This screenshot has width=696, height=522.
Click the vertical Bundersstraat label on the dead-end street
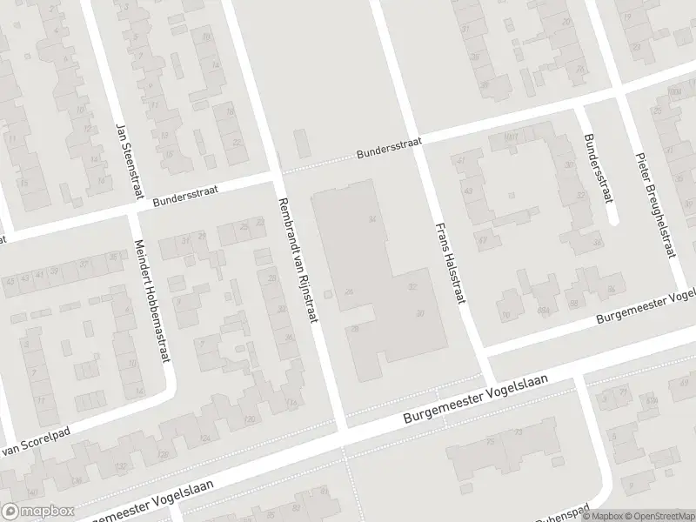tap(595, 168)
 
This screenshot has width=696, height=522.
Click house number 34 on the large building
tap(372, 218)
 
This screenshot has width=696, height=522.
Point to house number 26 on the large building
tap(349, 291)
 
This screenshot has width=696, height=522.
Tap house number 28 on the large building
tap(356, 328)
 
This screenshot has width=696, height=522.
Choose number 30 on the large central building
tap(420, 314)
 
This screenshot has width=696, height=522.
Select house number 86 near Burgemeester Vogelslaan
tap(612, 289)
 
